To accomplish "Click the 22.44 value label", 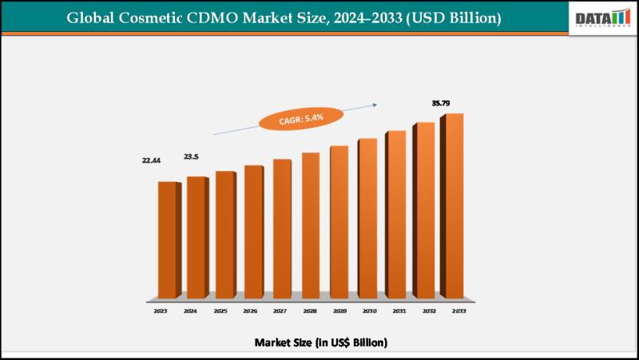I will click(x=151, y=160).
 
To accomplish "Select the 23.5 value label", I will click(x=192, y=156).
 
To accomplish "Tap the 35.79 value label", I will click(x=441, y=103).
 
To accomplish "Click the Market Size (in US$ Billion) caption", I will click(x=321, y=342).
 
